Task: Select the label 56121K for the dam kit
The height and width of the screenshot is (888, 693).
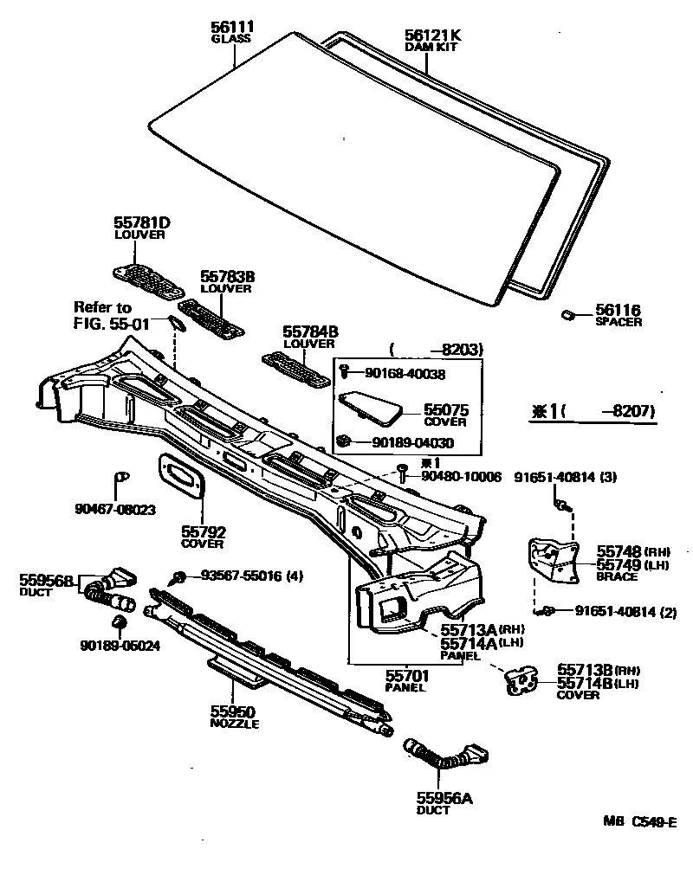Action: (x=433, y=35)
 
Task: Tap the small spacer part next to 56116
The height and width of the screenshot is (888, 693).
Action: (x=568, y=313)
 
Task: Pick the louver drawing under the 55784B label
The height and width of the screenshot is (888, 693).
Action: (x=295, y=368)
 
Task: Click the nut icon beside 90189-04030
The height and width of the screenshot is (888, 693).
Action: (x=343, y=441)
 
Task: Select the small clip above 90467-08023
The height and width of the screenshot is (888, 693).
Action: (x=120, y=476)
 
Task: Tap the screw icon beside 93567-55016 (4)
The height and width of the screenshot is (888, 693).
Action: (x=179, y=576)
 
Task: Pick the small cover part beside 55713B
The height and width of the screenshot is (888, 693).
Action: (x=521, y=683)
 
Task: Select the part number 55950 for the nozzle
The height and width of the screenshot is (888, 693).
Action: (x=230, y=711)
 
